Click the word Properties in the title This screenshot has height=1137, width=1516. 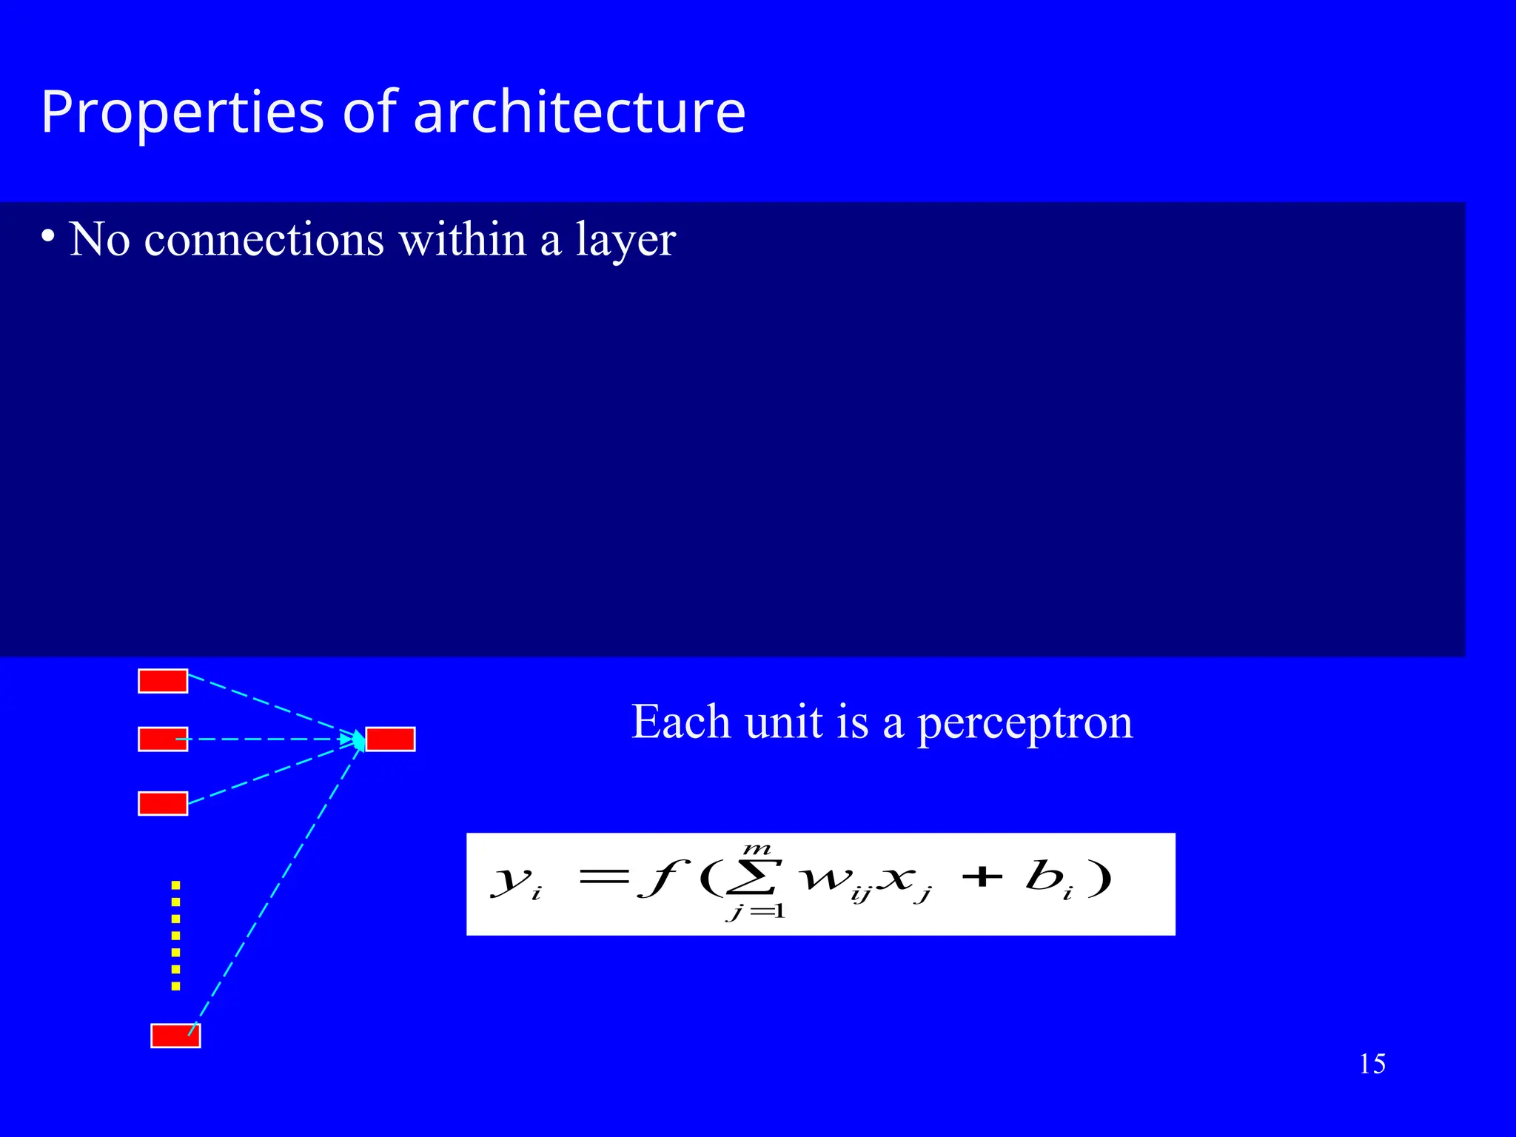(x=182, y=113)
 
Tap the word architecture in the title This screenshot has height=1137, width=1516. (x=579, y=113)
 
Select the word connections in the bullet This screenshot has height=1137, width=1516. (x=264, y=240)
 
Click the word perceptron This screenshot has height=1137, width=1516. (x=1025, y=722)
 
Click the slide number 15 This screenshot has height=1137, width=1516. (x=1372, y=1064)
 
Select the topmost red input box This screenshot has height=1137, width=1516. (x=163, y=681)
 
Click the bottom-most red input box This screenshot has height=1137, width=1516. (x=175, y=1036)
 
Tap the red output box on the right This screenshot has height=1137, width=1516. (x=390, y=739)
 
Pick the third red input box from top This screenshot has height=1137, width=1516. (x=163, y=803)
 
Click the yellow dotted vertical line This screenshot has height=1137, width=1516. (x=175, y=935)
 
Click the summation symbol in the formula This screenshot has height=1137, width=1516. (x=758, y=878)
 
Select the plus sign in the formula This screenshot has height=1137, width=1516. (x=982, y=878)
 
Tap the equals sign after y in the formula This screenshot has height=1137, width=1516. (x=603, y=878)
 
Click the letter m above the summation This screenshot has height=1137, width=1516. (x=758, y=850)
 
